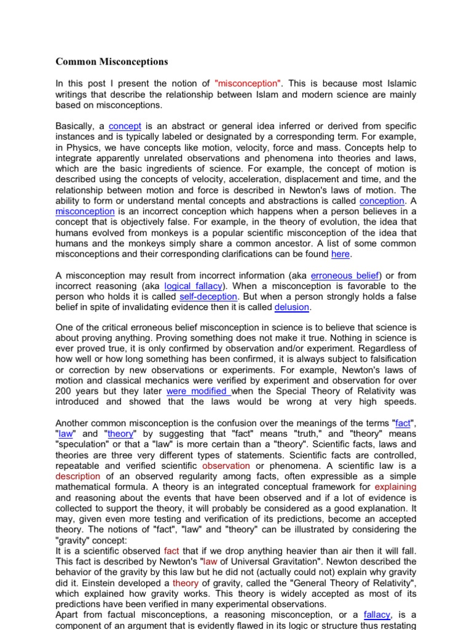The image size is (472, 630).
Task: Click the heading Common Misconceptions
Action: click(111, 62)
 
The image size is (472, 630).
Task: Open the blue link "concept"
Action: click(125, 126)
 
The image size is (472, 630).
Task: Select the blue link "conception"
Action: click(382, 201)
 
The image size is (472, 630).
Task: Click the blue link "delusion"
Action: click(292, 306)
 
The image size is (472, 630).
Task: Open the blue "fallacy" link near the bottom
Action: click(377, 614)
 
